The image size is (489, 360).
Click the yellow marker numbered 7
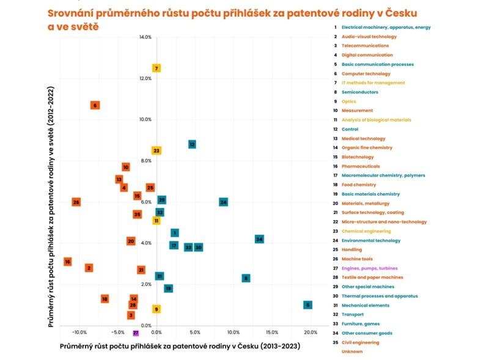pyautogui.click(x=156, y=68)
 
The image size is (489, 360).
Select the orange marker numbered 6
pyautogui.click(x=95, y=105)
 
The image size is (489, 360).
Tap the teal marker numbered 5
pyautogui.click(x=307, y=304)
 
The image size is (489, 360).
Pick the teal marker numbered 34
pyautogui.click(x=259, y=239)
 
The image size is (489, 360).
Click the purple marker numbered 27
pyautogui.click(x=136, y=333)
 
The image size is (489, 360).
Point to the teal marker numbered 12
pyautogui.click(x=192, y=144)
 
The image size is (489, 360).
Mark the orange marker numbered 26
pyautogui.click(x=76, y=202)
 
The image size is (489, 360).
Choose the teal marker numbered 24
pyautogui.click(x=223, y=202)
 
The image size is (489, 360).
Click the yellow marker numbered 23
pyautogui.click(x=156, y=150)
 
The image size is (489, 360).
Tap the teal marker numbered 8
pyautogui.click(x=246, y=278)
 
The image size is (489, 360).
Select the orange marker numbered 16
pyautogui.click(x=67, y=262)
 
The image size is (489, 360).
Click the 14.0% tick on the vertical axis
pyautogui.click(x=145, y=37)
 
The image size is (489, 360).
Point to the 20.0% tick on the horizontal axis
pyautogui.click(x=310, y=332)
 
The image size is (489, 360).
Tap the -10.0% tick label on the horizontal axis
pyautogui.click(x=79, y=332)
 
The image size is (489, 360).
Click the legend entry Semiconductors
pyautogui.click(x=359, y=92)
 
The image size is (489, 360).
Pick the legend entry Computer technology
pyautogui.click(x=366, y=73)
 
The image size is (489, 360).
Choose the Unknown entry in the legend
pyautogui.click(x=352, y=351)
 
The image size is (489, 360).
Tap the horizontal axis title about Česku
pyautogui.click(x=180, y=347)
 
